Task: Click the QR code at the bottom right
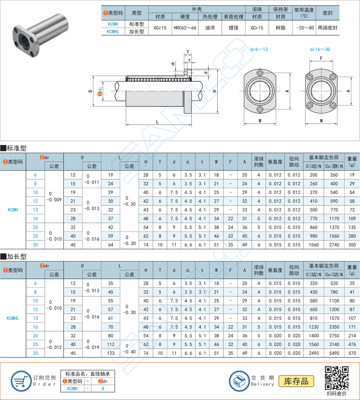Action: pyautogui.click(x=337, y=378)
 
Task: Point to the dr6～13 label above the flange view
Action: pyautogui.click(x=259, y=50)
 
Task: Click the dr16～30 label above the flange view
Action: pyautogui.click(x=320, y=50)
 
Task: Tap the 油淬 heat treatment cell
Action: pyautogui.click(x=210, y=28)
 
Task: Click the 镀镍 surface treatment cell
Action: pyautogui.click(x=234, y=28)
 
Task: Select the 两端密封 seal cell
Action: pyautogui.click(x=328, y=28)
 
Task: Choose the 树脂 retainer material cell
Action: pyautogui.click(x=280, y=28)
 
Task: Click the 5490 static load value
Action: pyautogui.click(x=334, y=353)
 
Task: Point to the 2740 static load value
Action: pyautogui.click(x=334, y=245)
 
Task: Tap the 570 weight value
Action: pyautogui.click(x=352, y=353)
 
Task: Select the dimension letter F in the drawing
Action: pyautogui.click(x=321, y=58)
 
